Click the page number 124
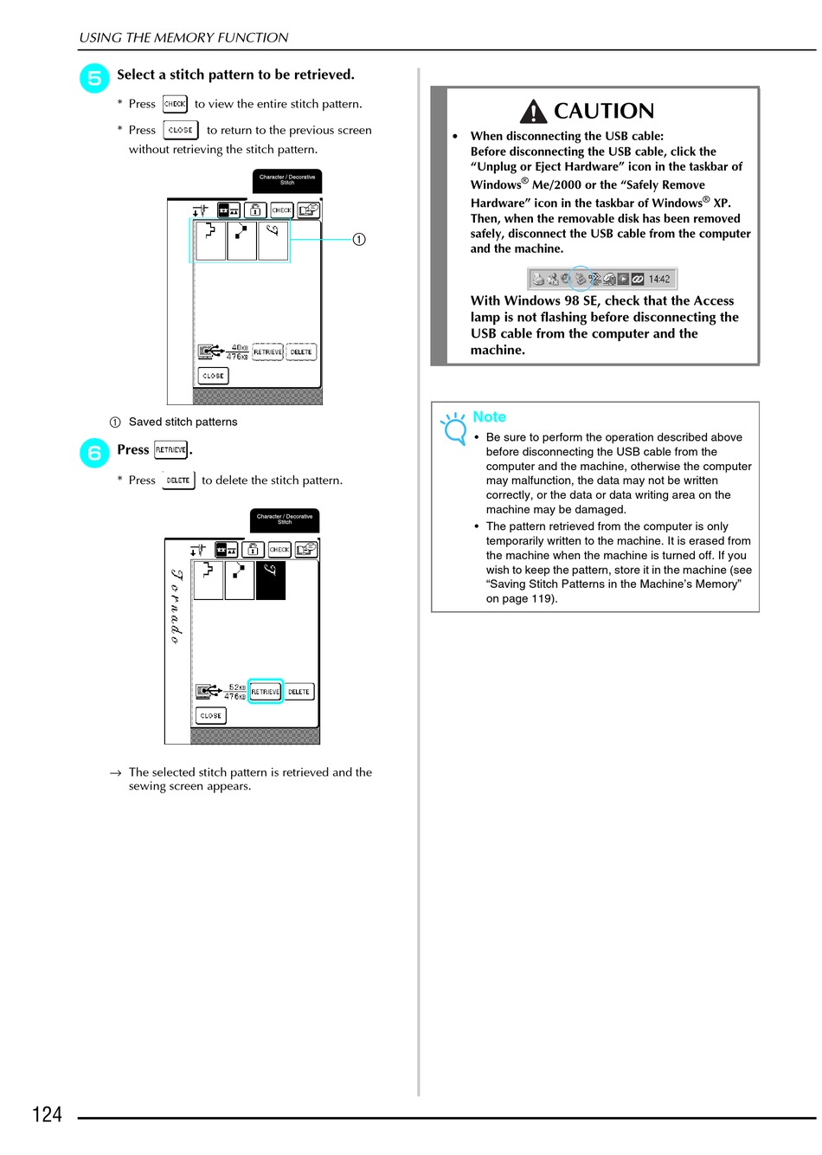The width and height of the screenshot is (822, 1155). tap(47, 1114)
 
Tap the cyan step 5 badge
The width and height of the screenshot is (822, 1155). tap(94, 78)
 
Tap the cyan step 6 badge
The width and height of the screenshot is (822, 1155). tap(94, 453)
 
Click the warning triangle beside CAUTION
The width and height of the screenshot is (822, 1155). tap(534, 112)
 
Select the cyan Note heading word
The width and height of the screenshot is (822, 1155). tap(489, 417)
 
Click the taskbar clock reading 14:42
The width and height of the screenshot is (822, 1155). tap(659, 279)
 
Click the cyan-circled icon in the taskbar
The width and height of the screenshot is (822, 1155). tap(581, 279)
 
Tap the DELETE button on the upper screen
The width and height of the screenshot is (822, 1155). tap(301, 352)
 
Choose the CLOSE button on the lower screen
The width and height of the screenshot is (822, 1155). tap(211, 716)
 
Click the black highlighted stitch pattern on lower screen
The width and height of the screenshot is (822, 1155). tap(271, 580)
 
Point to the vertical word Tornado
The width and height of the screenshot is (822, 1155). tap(177, 606)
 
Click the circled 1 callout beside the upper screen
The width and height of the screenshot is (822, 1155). tap(359, 239)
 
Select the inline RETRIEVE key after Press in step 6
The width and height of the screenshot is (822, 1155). tap(170, 450)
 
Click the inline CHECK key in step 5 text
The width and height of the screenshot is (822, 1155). tap(175, 104)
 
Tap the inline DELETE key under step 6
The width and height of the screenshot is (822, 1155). tap(178, 481)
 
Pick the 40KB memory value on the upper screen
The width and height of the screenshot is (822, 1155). tap(239, 347)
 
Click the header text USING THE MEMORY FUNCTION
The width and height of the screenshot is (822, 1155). tap(183, 38)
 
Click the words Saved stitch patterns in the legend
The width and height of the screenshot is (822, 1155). tap(183, 423)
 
